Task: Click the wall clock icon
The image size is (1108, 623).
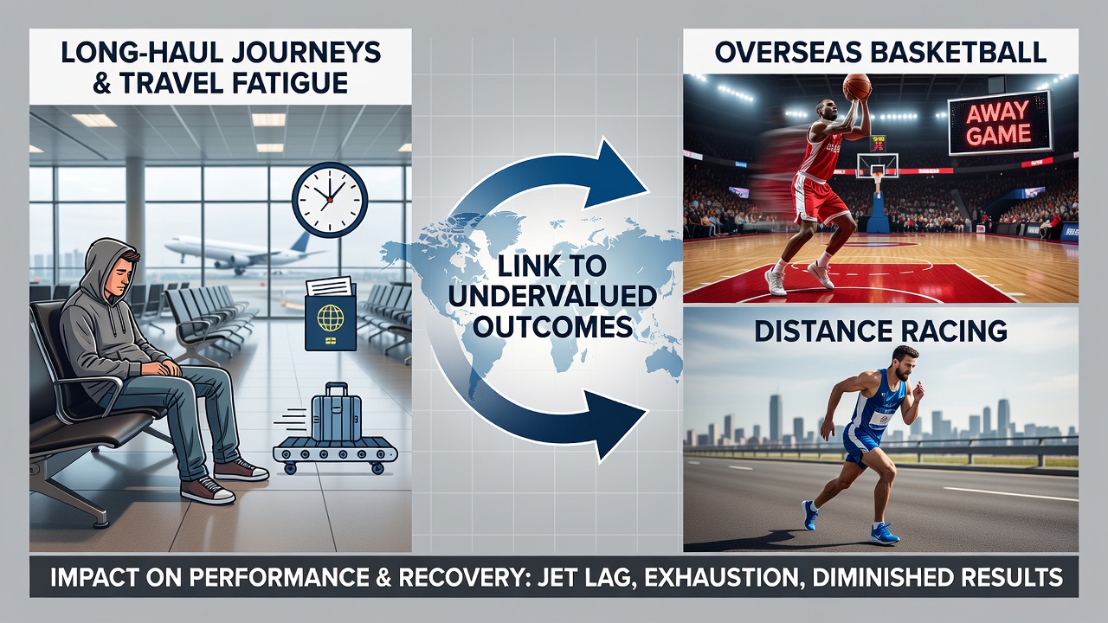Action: coord(330,200)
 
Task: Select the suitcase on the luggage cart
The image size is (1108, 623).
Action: coord(337,413)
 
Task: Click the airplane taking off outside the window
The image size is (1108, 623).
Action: coord(238,252)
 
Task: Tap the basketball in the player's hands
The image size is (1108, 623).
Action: coord(857,87)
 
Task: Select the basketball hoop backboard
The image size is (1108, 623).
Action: coord(877,164)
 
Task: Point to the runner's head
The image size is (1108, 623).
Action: coord(903,363)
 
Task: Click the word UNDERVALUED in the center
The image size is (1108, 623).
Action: coord(552,297)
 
